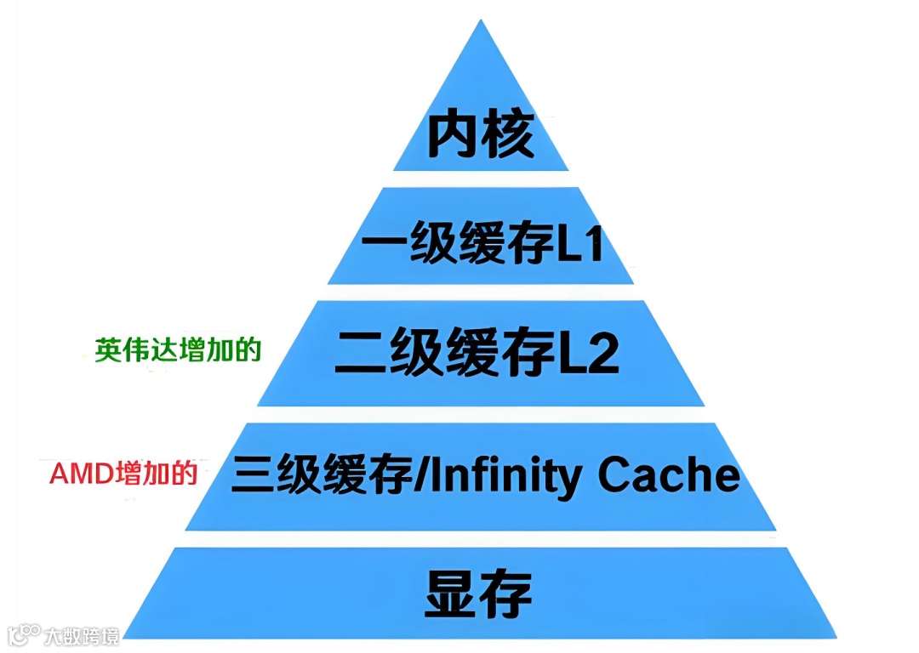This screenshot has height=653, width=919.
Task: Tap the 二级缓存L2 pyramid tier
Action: pos(481,353)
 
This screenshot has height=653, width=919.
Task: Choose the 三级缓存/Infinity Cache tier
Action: pos(485,476)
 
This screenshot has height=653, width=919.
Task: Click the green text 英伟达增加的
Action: pos(177,351)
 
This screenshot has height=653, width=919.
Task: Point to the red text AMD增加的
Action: pos(123,474)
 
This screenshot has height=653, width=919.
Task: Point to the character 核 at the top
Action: pos(508,133)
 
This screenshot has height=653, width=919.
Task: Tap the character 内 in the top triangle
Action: pos(452,133)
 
